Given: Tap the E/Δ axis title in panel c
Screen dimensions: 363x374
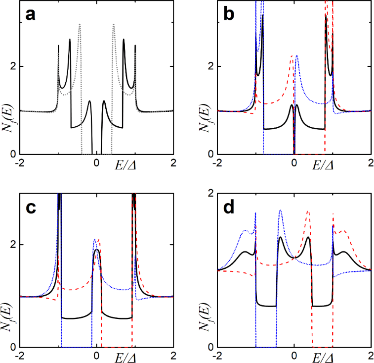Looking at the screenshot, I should pyautogui.click(x=127, y=356).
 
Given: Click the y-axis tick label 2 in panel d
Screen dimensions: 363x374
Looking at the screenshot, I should pyautogui.click(x=210, y=194).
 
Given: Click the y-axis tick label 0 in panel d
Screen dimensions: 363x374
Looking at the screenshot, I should pyautogui.click(x=210, y=347).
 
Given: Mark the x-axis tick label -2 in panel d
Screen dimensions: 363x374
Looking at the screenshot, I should pyautogui.click(x=217, y=356).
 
